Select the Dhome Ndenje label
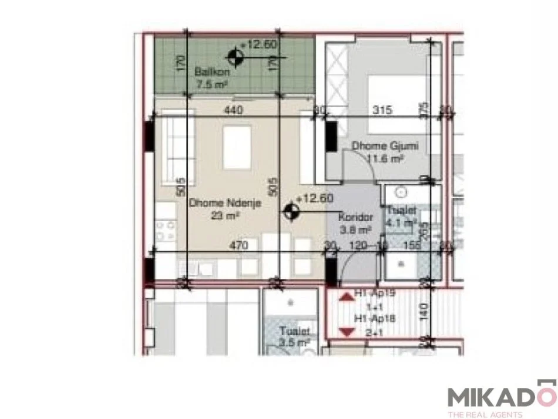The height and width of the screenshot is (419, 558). point(225,204)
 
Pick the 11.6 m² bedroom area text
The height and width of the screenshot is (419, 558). point(385,158)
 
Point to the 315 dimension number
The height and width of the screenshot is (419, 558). point(383,110)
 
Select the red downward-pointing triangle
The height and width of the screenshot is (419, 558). point(347,332)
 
